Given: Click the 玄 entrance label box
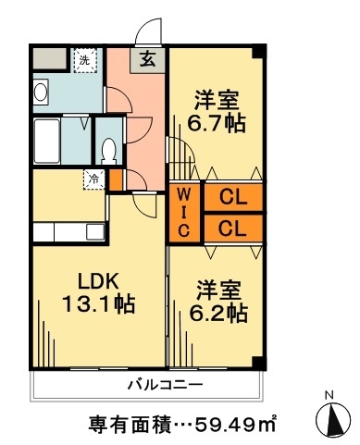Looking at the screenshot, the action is pos(147,60).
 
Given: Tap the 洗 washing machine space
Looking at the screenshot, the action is pos(85,60).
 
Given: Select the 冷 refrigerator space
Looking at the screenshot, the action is pos(94,179).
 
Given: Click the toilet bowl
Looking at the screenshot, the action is pos(108,151).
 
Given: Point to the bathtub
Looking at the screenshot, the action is pos(46,141).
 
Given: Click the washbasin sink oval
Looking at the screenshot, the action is pos(41,92).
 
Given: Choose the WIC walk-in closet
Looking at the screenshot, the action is pos(183,213).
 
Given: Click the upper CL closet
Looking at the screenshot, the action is pos(233,197).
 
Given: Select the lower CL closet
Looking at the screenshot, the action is pos(233,229).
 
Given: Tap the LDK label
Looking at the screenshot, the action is pos(98,281).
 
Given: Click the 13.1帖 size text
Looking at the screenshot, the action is pos(98,304).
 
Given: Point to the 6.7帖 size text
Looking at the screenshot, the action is pos(217,123).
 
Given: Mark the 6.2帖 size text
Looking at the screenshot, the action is pos(218,314).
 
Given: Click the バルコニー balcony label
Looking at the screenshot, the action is pos(166,385).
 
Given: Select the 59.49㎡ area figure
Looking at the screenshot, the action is pos(235,425).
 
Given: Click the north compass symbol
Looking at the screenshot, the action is pos(333,419).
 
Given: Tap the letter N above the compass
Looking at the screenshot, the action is pos(330,394).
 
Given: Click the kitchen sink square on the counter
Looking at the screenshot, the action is pos(95,231).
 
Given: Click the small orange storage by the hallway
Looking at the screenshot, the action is pos(117,179).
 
